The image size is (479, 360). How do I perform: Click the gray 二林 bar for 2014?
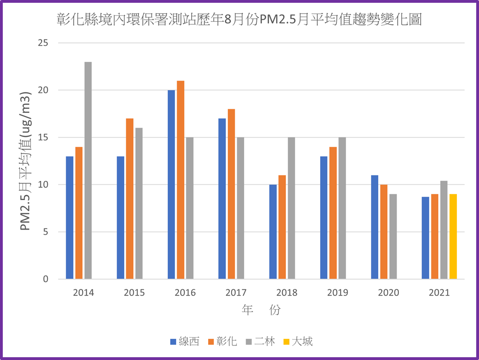click(x=88, y=171)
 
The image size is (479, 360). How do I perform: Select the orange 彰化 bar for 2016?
click(x=180, y=180)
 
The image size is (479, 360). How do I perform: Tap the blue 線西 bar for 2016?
click(x=172, y=185)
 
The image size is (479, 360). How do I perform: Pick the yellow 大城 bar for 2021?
click(x=453, y=237)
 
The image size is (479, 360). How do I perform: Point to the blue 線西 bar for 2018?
click(x=273, y=232)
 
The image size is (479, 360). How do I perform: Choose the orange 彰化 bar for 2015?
click(x=130, y=199)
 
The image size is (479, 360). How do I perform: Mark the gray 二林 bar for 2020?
click(x=393, y=237)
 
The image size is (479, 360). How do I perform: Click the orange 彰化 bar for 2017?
click(x=232, y=194)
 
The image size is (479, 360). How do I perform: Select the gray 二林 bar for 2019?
click(x=342, y=209)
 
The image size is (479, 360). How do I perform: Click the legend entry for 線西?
click(x=185, y=341)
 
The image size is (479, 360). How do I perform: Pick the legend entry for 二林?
click(x=261, y=341)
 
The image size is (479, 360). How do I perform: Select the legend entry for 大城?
click(x=298, y=341)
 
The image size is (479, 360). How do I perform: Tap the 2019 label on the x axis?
click(x=337, y=293)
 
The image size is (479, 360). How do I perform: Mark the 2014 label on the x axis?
click(x=83, y=293)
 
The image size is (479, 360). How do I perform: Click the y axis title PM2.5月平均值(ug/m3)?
click(x=26, y=161)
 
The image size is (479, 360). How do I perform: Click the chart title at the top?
click(x=239, y=20)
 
